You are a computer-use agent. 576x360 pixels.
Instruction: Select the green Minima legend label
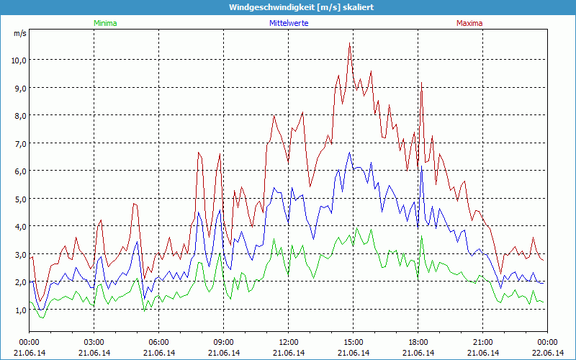(x=105, y=23)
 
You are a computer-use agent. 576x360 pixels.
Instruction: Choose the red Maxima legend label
(x=469, y=23)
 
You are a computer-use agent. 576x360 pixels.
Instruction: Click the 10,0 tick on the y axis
(x=18, y=60)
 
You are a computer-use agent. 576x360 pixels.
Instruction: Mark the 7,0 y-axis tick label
(x=18, y=143)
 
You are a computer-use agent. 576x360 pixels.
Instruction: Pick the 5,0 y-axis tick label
(x=18, y=199)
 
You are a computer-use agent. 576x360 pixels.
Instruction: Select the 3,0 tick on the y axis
(x=18, y=254)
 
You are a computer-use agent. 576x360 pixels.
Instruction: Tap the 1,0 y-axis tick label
(x=18, y=310)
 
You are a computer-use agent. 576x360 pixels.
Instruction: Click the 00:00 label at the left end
(x=29, y=342)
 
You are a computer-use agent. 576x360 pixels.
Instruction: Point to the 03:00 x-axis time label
(x=94, y=342)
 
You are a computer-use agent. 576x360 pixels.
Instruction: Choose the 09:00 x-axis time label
(x=223, y=342)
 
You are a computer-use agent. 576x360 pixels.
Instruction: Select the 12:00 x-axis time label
(x=288, y=342)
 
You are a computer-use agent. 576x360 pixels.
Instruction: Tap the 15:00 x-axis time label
(x=353, y=342)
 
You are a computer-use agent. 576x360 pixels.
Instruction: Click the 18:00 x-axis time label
(x=418, y=342)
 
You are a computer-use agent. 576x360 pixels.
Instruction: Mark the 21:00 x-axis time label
(x=482, y=342)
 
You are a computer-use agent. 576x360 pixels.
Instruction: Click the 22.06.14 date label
(x=547, y=353)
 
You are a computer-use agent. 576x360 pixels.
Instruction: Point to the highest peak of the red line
(x=350, y=43)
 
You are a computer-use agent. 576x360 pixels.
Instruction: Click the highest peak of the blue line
(x=350, y=152)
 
